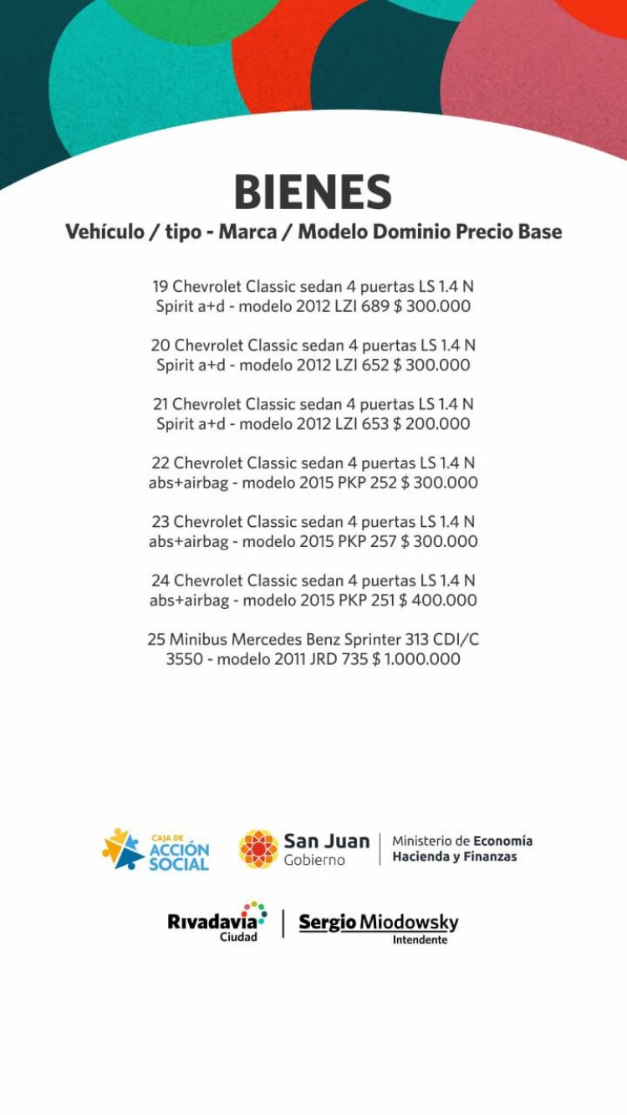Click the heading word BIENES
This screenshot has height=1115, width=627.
[313, 192]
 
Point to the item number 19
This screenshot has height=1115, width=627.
[160, 287]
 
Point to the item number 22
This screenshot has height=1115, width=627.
[161, 463]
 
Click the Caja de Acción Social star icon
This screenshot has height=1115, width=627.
[123, 849]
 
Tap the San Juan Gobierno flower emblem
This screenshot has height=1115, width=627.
[258, 849]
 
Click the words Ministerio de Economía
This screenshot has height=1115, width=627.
[461, 841]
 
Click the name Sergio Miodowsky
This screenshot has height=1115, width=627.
[379, 922]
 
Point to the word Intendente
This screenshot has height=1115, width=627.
[420, 939]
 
